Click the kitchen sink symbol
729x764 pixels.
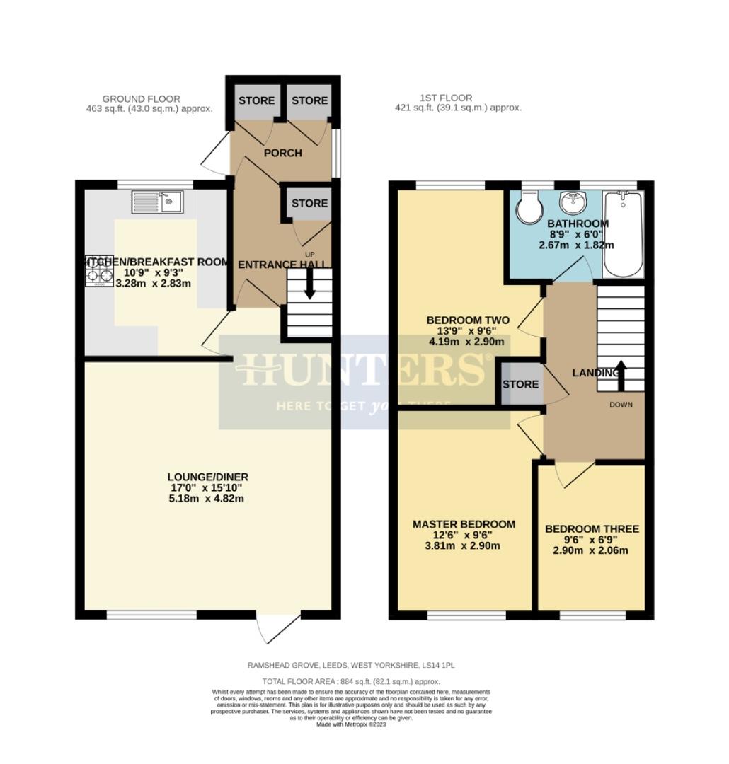pos(156,202)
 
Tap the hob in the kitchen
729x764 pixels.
pos(98,270)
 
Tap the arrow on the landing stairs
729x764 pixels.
pos(621,375)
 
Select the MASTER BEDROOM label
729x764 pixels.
pos(464,524)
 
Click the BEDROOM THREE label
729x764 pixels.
pos(592,528)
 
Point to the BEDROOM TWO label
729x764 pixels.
pos(468,320)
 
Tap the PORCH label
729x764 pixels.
pos(282,153)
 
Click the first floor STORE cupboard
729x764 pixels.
pos(520,384)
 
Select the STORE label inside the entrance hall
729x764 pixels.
pos(309,203)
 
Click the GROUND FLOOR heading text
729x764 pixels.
pos(141,98)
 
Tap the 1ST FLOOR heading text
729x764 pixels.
pos(444,98)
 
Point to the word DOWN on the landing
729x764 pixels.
pos(621,405)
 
